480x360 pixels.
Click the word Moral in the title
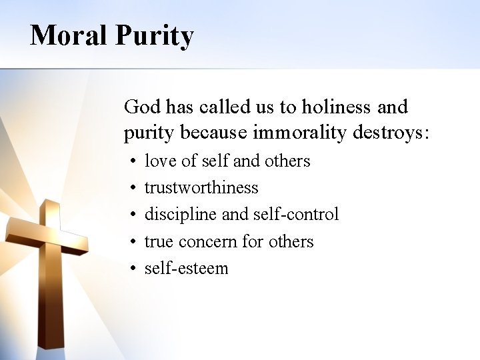pos(67,35)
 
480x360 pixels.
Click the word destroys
pos(392,133)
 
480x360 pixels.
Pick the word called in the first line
pos(214,107)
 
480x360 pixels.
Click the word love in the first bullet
pos(157,161)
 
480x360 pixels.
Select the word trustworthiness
pos(201,187)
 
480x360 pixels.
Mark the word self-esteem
pos(187,268)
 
